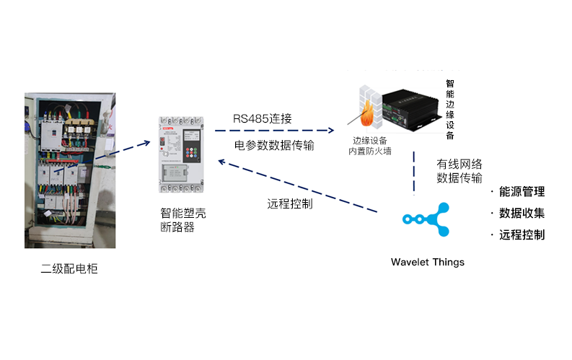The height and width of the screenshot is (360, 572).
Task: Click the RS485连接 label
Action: [x=262, y=118]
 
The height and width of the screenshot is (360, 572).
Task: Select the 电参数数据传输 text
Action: [x=274, y=145]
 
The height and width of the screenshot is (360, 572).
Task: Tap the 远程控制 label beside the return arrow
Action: [x=289, y=203]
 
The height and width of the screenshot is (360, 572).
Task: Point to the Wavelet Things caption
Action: [x=427, y=262]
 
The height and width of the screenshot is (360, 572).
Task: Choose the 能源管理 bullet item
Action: [x=521, y=192]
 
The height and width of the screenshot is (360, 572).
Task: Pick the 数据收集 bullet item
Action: [x=521, y=214]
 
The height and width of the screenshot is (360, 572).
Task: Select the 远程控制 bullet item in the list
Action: [x=521, y=235]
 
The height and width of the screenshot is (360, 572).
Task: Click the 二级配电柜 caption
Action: [x=69, y=269]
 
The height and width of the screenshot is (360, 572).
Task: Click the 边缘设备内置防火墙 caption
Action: [x=372, y=145]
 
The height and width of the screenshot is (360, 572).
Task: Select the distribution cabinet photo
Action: [x=70, y=170]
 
